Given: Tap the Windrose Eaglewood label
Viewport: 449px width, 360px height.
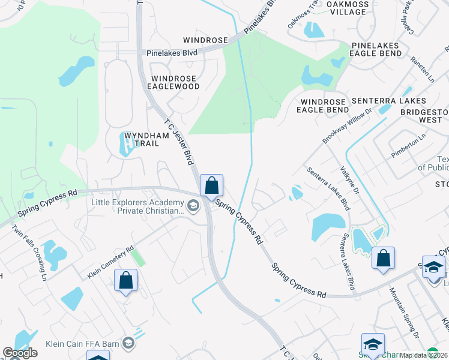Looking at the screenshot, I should point(175,82).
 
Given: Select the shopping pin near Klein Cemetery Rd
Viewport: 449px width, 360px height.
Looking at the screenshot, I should point(126,280).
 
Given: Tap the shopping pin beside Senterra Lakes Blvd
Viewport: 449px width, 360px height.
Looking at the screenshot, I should point(383,259).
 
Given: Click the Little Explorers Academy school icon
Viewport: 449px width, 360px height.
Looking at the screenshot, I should point(193,207).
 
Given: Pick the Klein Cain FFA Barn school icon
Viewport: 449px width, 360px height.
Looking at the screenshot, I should point(127,343).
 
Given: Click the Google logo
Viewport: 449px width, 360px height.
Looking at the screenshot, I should point(20,353).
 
